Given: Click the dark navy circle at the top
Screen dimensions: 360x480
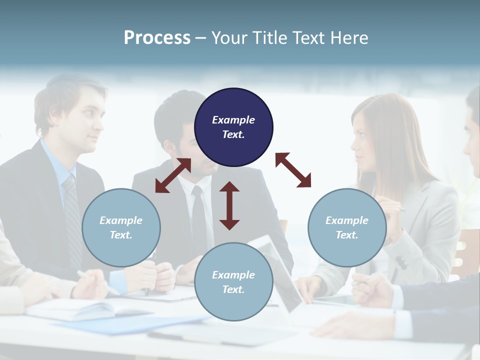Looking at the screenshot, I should point(233,127).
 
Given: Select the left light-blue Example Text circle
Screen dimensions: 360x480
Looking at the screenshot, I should point(121,227).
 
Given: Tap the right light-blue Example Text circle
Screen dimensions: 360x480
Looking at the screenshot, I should point(347,227).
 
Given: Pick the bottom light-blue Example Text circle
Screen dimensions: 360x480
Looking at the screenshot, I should point(233,282).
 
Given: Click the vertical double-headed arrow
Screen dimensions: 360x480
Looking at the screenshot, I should point(229,206).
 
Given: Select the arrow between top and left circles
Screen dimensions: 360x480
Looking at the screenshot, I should point(173,175).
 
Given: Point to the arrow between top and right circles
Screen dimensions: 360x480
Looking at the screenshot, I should point(293,170).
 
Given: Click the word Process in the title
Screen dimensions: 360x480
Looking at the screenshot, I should point(157,37).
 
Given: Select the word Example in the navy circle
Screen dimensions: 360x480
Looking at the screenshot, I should point(233,120).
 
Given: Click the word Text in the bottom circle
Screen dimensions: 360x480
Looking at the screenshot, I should point(233,289).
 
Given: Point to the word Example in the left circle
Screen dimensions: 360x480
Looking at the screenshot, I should point(121,220).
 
